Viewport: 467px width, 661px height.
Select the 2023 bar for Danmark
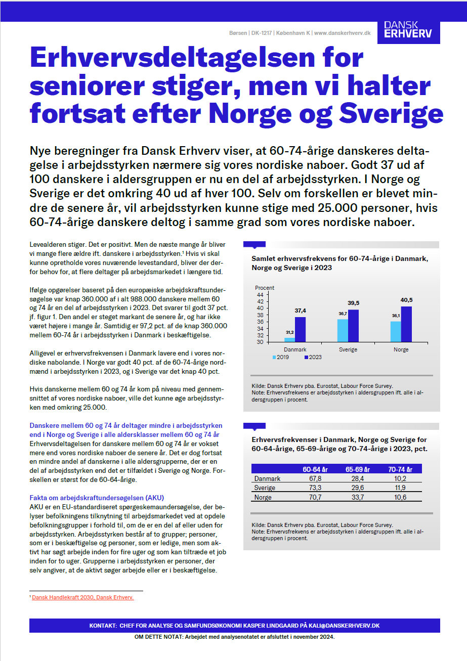(x=300, y=329)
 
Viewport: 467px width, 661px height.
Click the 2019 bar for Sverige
(x=343, y=330)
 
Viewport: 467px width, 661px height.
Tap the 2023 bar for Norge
(x=406, y=324)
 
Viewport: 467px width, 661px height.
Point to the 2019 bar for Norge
(x=396, y=331)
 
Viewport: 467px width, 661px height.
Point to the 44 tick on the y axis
(x=260, y=294)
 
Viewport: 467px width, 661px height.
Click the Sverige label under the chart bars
(x=348, y=349)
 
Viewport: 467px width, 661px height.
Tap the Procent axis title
(x=264, y=288)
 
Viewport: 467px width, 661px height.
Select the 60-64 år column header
(x=315, y=469)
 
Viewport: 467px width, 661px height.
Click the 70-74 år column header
(x=401, y=469)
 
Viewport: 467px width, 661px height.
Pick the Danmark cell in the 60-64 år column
(x=315, y=478)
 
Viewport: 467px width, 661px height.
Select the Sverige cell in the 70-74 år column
(x=400, y=488)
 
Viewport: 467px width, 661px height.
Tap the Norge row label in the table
(x=263, y=497)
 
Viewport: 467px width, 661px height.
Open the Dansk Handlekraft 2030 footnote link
(x=83, y=597)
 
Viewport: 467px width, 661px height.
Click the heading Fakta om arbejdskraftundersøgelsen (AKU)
(x=97, y=498)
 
